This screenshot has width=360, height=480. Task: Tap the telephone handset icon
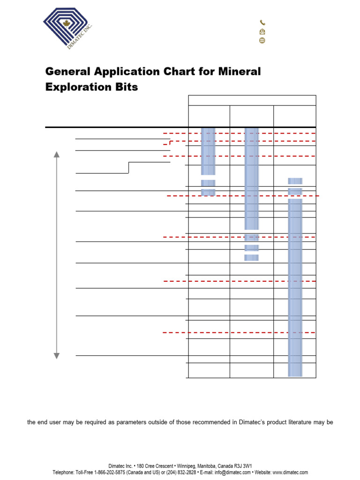(x=262, y=22)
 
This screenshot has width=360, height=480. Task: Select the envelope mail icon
(x=262, y=32)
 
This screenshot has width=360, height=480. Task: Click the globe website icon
(x=262, y=41)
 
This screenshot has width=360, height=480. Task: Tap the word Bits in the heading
(x=127, y=87)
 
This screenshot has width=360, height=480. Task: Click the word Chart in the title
(x=169, y=72)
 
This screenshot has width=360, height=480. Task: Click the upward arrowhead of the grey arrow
(x=57, y=155)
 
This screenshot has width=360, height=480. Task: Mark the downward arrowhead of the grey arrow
(x=57, y=356)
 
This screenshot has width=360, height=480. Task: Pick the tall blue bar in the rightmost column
(x=295, y=287)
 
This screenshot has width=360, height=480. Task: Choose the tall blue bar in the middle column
(x=252, y=178)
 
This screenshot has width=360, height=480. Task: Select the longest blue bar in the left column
(x=208, y=151)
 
